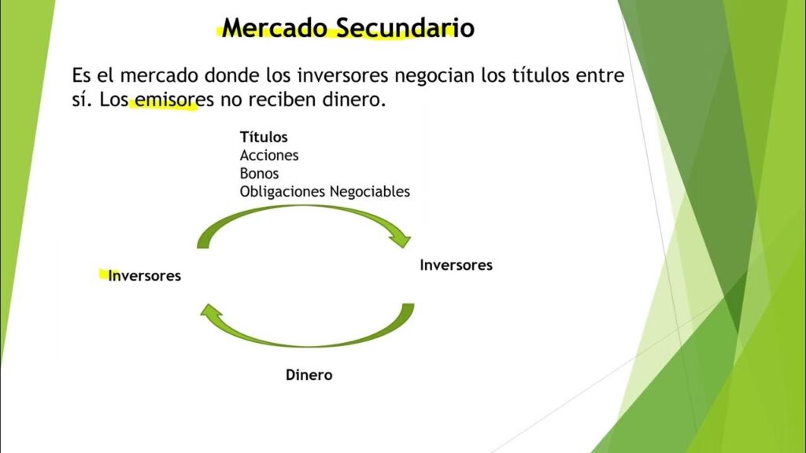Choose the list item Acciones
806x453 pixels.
269,156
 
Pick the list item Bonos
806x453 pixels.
259,174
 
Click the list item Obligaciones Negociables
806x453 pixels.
324,192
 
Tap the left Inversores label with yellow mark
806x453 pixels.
145,276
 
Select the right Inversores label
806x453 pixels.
456,265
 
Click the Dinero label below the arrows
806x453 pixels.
309,375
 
